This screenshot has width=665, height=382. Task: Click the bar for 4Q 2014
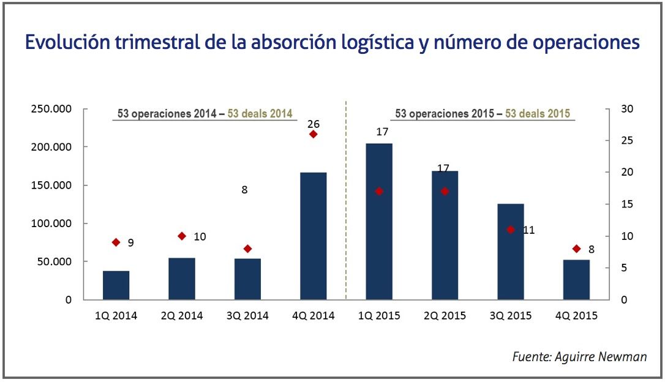pos(313,236)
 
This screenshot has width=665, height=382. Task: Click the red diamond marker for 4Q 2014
pos(313,134)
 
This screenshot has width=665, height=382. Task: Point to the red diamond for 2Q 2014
pos(181,236)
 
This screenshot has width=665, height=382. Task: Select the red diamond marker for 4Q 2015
pos(576,249)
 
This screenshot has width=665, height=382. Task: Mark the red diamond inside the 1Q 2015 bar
pos(379,191)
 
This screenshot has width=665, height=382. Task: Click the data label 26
pos(313,124)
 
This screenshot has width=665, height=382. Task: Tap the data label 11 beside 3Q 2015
pos(529,230)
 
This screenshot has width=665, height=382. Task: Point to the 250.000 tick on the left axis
pos(51,109)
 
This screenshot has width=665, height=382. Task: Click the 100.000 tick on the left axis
pos(51,223)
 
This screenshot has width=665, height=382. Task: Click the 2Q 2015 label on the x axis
pos(445,316)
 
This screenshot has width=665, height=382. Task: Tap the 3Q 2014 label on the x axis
pos(247,316)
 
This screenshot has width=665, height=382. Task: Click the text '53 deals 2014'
pos(260,114)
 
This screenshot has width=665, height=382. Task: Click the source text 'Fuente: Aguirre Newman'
pos(579,357)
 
